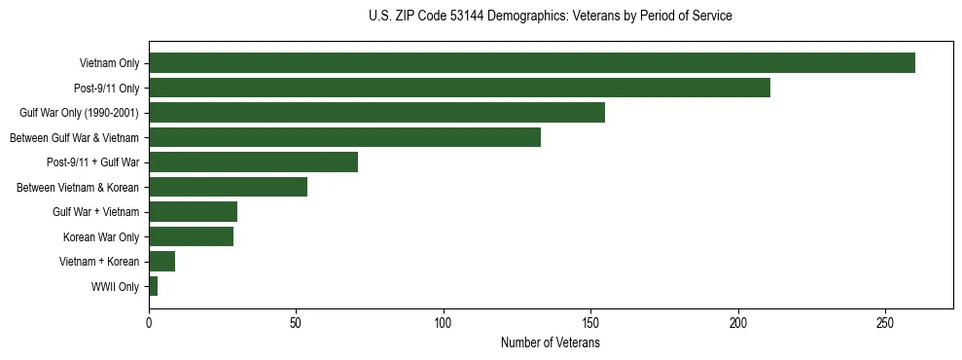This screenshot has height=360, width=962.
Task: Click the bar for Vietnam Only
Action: point(531,63)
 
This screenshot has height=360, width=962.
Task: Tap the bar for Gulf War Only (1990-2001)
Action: point(376,113)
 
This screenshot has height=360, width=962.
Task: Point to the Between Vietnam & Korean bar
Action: point(228,187)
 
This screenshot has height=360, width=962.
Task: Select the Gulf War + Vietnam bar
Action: point(193,212)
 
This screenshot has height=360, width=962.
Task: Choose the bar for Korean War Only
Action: point(191,236)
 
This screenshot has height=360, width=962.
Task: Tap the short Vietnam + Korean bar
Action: point(161,262)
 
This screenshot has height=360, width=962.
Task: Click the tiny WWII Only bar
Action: point(153,286)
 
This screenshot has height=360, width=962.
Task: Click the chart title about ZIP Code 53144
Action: point(551,17)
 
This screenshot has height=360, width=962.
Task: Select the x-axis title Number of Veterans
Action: point(551,343)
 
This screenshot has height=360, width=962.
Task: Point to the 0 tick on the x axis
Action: point(149,322)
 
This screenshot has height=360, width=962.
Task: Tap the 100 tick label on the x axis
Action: point(444,322)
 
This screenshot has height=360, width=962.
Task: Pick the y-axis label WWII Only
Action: point(115,287)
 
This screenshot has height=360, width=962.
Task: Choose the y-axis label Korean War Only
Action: point(101,237)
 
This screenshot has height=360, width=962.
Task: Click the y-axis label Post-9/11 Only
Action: point(107,89)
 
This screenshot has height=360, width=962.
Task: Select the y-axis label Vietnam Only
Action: point(109,64)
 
